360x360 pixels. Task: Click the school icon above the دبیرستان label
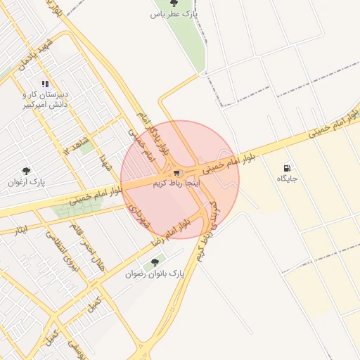pos(46,84)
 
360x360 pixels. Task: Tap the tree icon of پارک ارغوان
pos(26,171)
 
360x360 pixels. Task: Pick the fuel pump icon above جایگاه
pos(287,168)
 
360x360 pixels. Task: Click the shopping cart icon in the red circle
pos(176,172)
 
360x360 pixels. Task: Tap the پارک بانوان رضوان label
pos(156,273)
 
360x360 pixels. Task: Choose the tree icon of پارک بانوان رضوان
pos(155,262)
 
